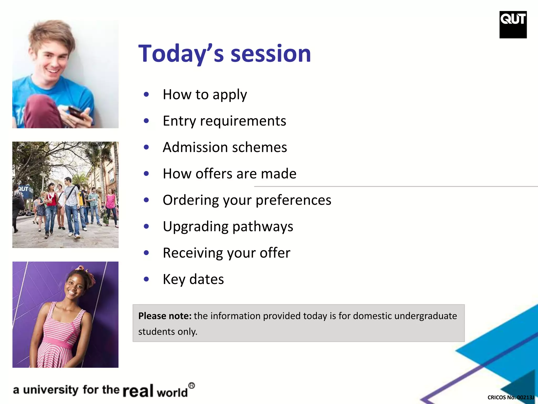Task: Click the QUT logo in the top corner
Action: click(513, 24)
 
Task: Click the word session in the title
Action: click(271, 54)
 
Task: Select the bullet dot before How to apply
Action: click(146, 94)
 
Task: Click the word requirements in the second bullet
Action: click(243, 121)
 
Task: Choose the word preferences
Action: click(293, 200)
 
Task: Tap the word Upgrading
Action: click(195, 226)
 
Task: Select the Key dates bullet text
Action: click(193, 279)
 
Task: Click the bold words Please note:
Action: click(165, 316)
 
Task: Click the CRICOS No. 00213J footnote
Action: click(510, 397)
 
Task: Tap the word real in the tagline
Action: click(138, 391)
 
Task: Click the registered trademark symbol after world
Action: click(192, 386)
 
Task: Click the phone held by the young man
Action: click(76, 112)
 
